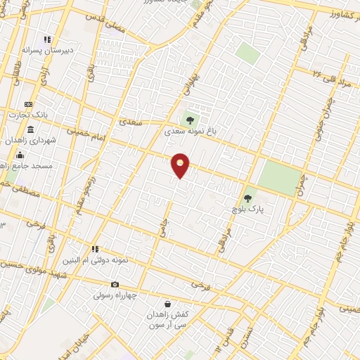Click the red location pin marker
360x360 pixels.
point(181,165)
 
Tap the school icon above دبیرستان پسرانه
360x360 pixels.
point(47,40)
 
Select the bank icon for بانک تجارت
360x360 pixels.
point(29,104)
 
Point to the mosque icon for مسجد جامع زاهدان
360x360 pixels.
point(20,155)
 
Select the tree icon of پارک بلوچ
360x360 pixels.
point(247,198)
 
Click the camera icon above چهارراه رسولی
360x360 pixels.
point(115,285)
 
